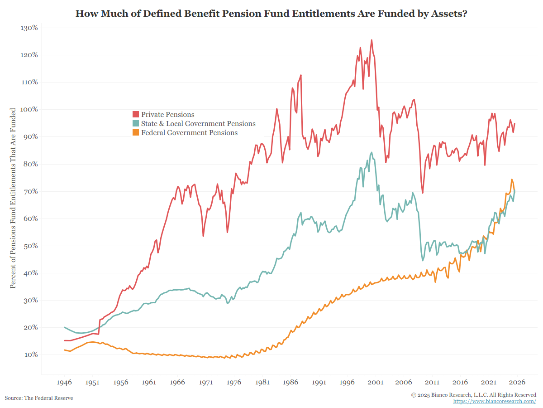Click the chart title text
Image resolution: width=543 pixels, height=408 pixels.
pos(271,14)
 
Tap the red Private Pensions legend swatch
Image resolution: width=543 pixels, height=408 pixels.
pos(135,115)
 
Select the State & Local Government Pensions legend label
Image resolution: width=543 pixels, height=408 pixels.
pos(198,124)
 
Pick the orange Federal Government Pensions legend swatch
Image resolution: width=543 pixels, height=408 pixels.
pos(135,133)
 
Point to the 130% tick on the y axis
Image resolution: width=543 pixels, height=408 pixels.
pos(29,28)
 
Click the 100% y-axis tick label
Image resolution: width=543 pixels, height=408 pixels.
pos(29,109)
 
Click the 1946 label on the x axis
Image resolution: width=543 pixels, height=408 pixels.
pos(64,382)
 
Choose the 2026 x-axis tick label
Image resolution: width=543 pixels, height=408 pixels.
pos(516,382)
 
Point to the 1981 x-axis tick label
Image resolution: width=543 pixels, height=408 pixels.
pos(262,382)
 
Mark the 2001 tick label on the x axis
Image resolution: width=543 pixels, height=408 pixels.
pos(376,382)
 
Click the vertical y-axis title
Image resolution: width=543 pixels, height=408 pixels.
pos(13,198)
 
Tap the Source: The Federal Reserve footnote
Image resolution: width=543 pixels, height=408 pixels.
pos(39,398)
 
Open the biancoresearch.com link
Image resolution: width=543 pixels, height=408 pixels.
pos(495,402)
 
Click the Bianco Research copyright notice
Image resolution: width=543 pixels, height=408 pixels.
pos(473,395)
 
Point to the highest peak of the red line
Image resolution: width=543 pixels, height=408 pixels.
pos(372,40)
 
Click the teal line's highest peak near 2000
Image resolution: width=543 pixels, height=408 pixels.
pos(372,152)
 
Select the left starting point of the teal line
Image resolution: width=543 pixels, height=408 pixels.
pos(65,327)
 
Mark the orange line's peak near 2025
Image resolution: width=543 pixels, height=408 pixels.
pos(512,180)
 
